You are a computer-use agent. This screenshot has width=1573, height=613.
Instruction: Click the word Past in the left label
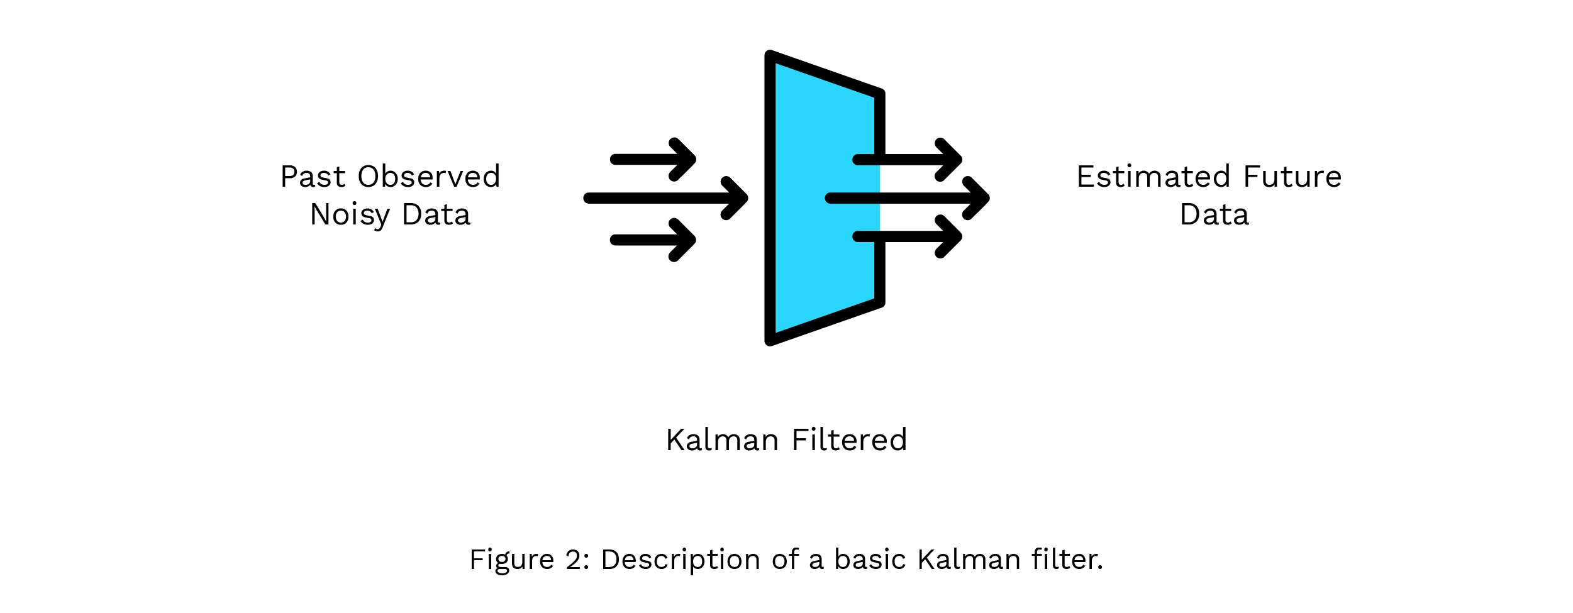313,177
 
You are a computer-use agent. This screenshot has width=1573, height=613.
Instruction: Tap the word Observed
429,177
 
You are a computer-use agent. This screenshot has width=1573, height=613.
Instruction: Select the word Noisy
350,216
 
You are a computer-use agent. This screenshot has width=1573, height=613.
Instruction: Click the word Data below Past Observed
436,215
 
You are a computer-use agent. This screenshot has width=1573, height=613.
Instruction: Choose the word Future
1292,177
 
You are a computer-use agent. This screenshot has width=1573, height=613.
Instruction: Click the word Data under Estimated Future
1214,215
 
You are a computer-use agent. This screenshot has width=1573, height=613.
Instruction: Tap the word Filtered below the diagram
849,440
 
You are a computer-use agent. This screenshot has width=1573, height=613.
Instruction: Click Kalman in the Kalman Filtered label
723,440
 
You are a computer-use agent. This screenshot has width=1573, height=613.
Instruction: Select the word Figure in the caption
512,560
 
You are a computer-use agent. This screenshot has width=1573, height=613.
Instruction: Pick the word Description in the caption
680,560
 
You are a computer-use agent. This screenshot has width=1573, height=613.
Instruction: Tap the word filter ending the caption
1067,560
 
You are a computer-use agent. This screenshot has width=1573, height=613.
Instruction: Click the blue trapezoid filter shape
818,198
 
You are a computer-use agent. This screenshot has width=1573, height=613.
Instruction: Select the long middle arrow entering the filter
666,199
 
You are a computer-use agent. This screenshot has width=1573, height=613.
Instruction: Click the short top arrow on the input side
653,160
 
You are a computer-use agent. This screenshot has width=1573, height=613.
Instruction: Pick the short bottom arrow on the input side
653,240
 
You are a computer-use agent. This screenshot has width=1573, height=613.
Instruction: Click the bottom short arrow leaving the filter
908,237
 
